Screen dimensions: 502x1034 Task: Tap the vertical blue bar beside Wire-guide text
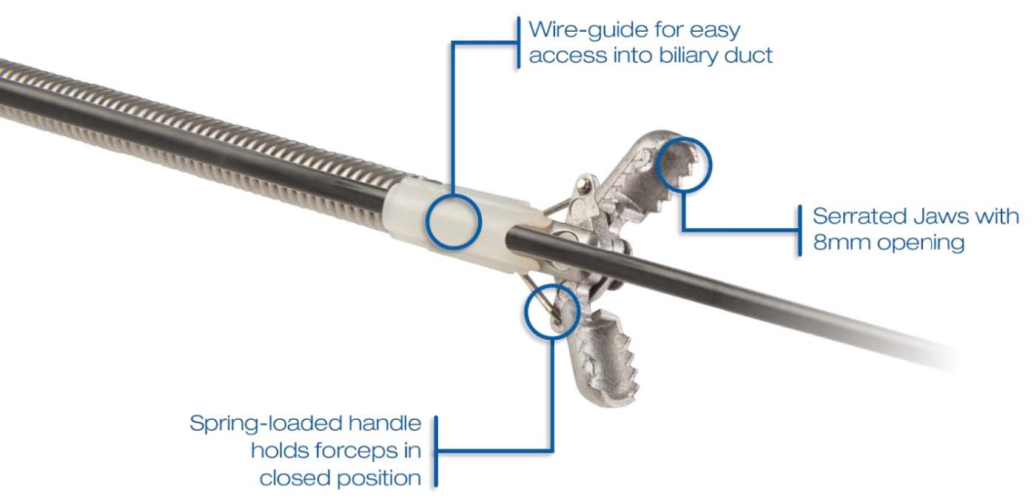pos(517,43)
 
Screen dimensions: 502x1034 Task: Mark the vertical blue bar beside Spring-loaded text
pos(435,451)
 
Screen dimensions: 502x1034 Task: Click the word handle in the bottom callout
pos(387,424)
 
